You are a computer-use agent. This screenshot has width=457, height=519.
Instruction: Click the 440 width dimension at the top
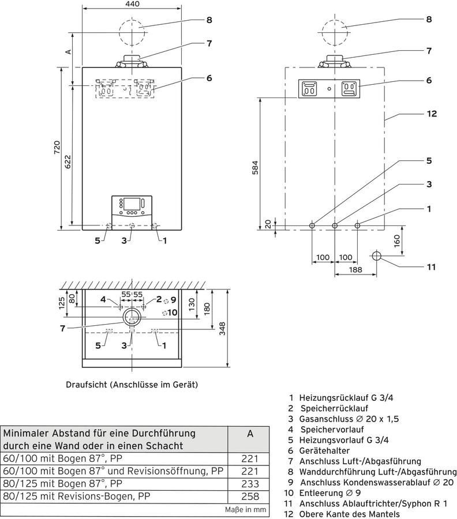pos(133,4)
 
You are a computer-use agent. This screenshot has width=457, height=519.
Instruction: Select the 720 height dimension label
pos(57,147)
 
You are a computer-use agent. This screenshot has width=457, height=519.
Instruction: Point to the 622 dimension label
pos(68,162)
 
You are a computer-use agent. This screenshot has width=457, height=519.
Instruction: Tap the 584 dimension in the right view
pos(254,168)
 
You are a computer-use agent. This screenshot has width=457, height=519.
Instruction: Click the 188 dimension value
pos(355,270)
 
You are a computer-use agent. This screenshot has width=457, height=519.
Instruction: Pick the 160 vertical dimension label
pos(397,240)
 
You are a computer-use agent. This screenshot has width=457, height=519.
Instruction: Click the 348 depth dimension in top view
pos(222,329)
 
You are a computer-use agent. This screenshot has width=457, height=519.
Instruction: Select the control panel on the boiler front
pos(132,212)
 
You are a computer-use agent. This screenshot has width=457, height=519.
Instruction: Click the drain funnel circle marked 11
pos(377,256)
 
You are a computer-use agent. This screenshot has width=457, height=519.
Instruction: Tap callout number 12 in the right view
pos(432,114)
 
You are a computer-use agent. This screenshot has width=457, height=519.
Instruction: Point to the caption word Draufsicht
pos(87,385)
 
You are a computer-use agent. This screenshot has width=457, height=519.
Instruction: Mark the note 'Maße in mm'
pos(245,510)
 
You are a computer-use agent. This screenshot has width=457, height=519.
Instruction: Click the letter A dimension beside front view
pos(68,52)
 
